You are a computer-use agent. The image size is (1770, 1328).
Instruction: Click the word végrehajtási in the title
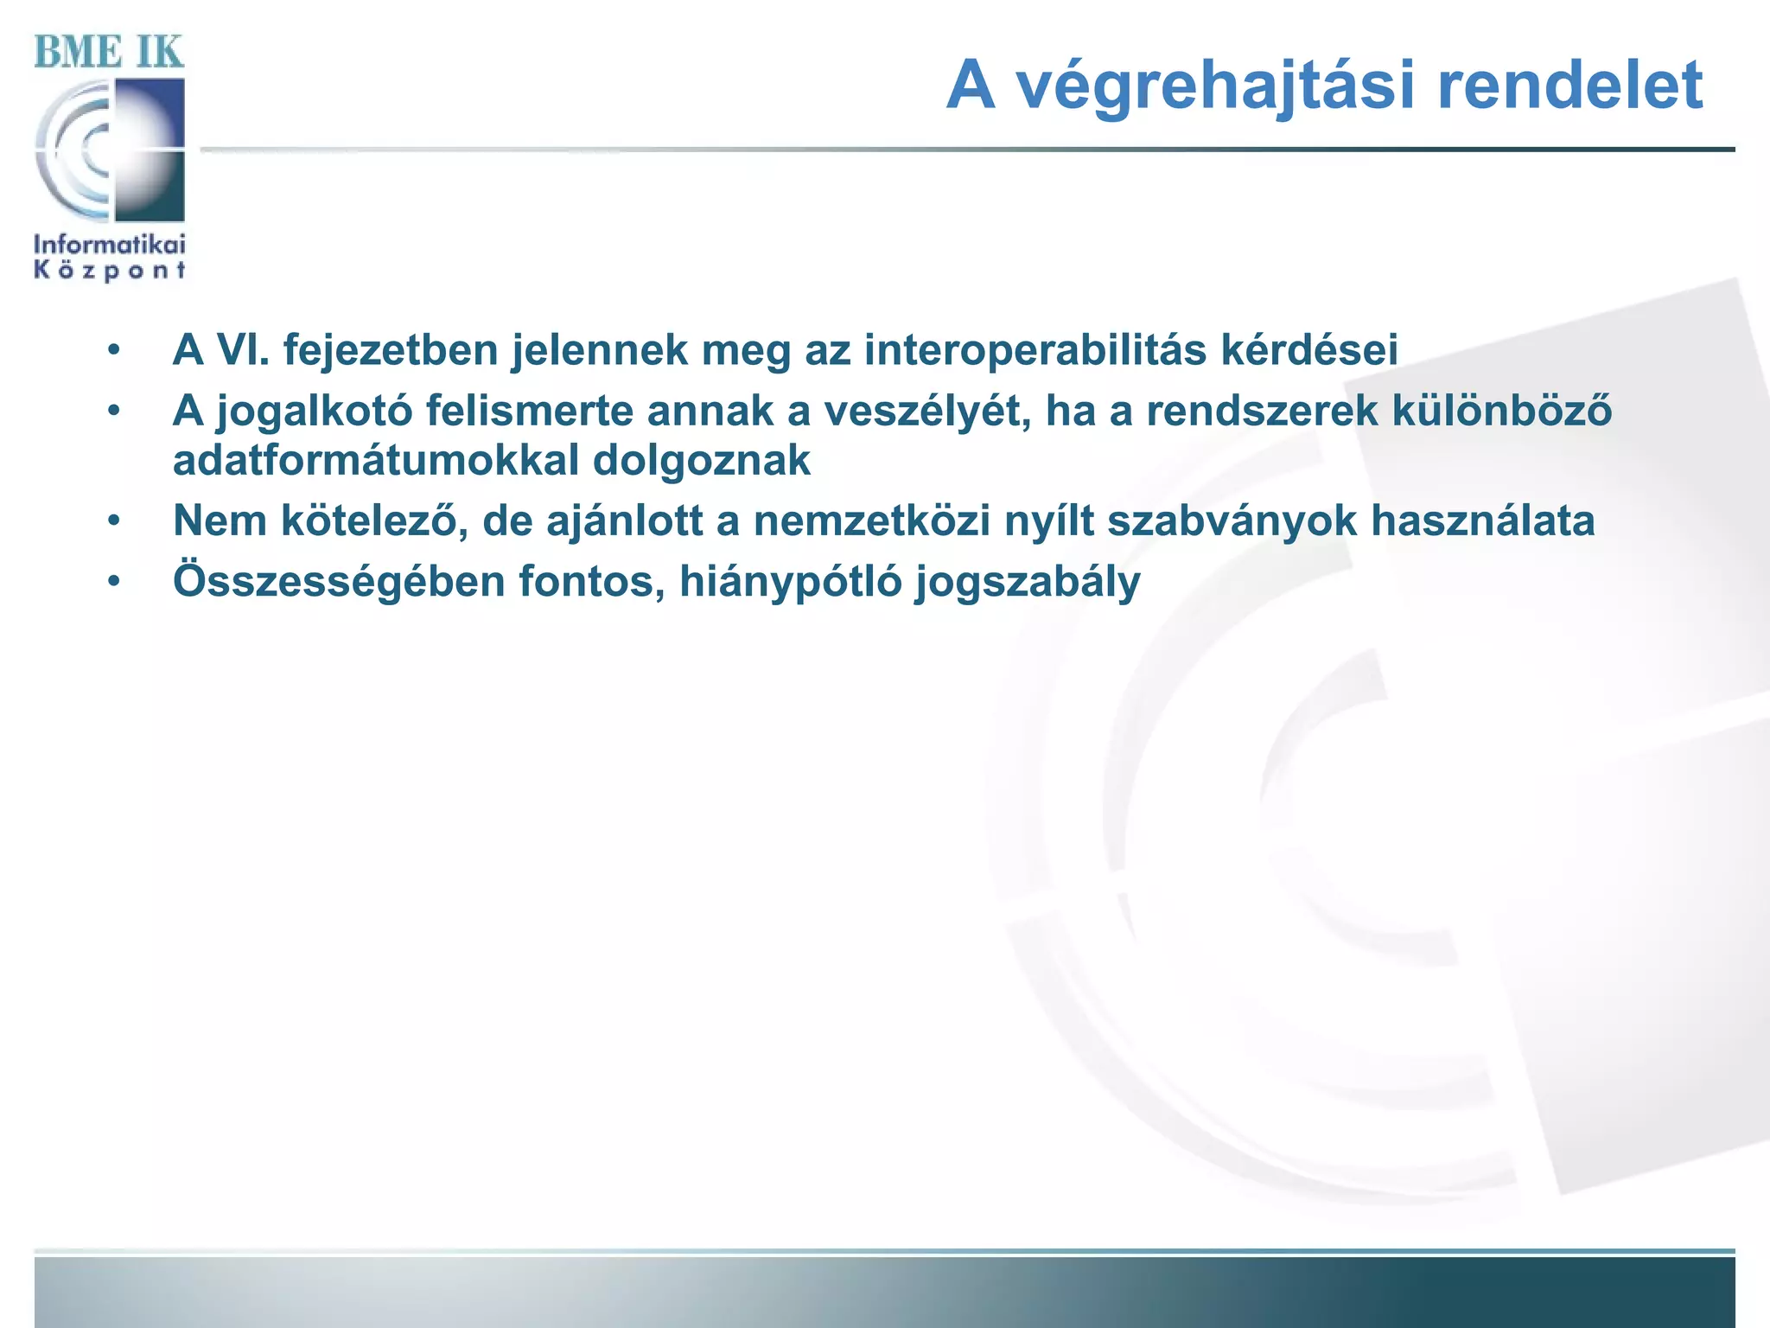click(1215, 86)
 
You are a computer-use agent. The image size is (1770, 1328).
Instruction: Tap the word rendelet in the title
click(1569, 86)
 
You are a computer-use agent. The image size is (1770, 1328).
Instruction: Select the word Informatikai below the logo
click(110, 245)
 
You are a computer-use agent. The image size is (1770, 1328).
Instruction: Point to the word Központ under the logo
click(110, 271)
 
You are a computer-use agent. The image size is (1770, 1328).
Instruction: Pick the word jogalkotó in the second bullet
click(314, 412)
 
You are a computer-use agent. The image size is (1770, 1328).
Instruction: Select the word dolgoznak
click(701, 460)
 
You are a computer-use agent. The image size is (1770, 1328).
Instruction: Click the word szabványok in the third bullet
click(1232, 521)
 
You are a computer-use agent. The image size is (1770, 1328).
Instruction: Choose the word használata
click(1481, 521)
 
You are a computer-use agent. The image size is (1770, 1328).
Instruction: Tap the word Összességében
click(339, 582)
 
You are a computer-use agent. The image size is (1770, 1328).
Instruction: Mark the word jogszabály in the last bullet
click(1028, 582)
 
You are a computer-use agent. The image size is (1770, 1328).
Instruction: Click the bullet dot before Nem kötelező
click(113, 521)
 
